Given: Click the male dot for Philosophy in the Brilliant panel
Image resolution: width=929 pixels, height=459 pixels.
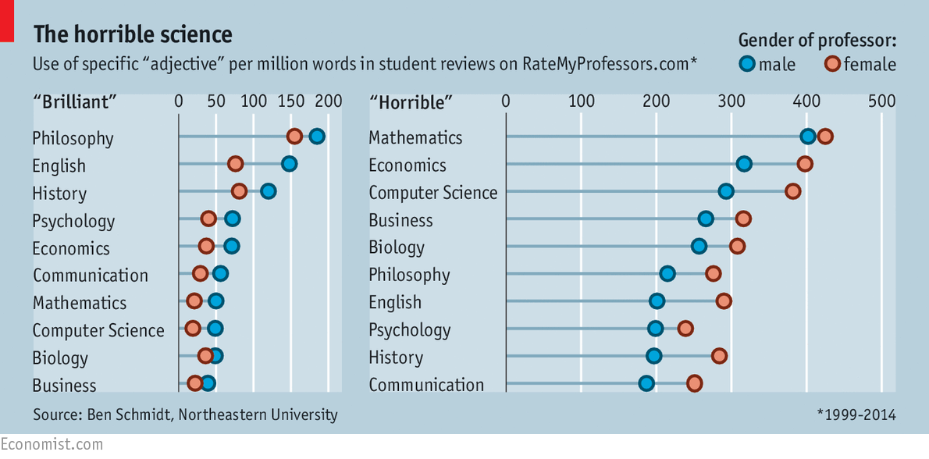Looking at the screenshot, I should point(316,137).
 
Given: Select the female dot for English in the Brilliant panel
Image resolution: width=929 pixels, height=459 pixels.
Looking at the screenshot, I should point(235,164).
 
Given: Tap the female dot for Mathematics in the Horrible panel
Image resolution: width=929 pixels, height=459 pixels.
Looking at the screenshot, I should point(824,137).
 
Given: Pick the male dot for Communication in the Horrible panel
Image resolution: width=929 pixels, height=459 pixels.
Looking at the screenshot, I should point(646,383).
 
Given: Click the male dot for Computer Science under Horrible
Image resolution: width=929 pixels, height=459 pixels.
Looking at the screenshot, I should point(726,191).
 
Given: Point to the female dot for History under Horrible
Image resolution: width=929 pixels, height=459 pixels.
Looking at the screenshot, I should point(719,356).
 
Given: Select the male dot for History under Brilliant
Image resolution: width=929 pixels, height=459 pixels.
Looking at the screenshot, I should point(269,191).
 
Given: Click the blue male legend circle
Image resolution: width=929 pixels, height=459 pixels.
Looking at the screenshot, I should point(748,64).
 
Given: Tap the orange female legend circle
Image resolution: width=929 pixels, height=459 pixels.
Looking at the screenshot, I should point(833,64).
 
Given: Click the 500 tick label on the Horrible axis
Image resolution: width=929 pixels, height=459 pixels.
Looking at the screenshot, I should point(881,101).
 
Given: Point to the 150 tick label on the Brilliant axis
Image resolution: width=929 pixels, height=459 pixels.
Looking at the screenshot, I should point(291,101).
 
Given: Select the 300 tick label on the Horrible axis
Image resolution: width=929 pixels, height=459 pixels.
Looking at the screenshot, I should point(731,101).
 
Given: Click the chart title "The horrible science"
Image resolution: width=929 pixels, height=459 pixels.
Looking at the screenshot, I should point(132,34).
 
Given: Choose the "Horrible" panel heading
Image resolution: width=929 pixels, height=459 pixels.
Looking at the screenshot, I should point(411,101).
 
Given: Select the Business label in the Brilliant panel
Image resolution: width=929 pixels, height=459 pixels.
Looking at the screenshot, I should point(64,386).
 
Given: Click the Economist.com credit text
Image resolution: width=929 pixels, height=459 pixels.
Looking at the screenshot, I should point(52,444).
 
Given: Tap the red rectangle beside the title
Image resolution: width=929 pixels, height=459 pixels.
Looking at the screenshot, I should point(7,20).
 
